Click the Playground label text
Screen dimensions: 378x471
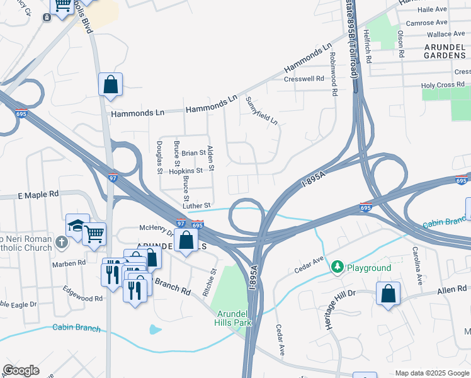tap(368, 268)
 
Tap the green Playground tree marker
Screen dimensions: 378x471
tap(338, 267)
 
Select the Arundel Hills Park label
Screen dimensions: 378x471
tap(234, 318)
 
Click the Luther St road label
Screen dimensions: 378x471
tap(196, 205)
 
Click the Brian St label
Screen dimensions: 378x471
tap(193, 153)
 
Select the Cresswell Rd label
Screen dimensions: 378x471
tap(304, 79)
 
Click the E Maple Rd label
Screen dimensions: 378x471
tap(38, 195)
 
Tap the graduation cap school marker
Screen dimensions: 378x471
tap(76, 224)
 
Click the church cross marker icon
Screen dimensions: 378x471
tap(61, 242)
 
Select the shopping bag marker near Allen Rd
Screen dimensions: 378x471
tap(388, 293)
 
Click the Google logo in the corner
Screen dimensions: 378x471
tap(21, 370)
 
